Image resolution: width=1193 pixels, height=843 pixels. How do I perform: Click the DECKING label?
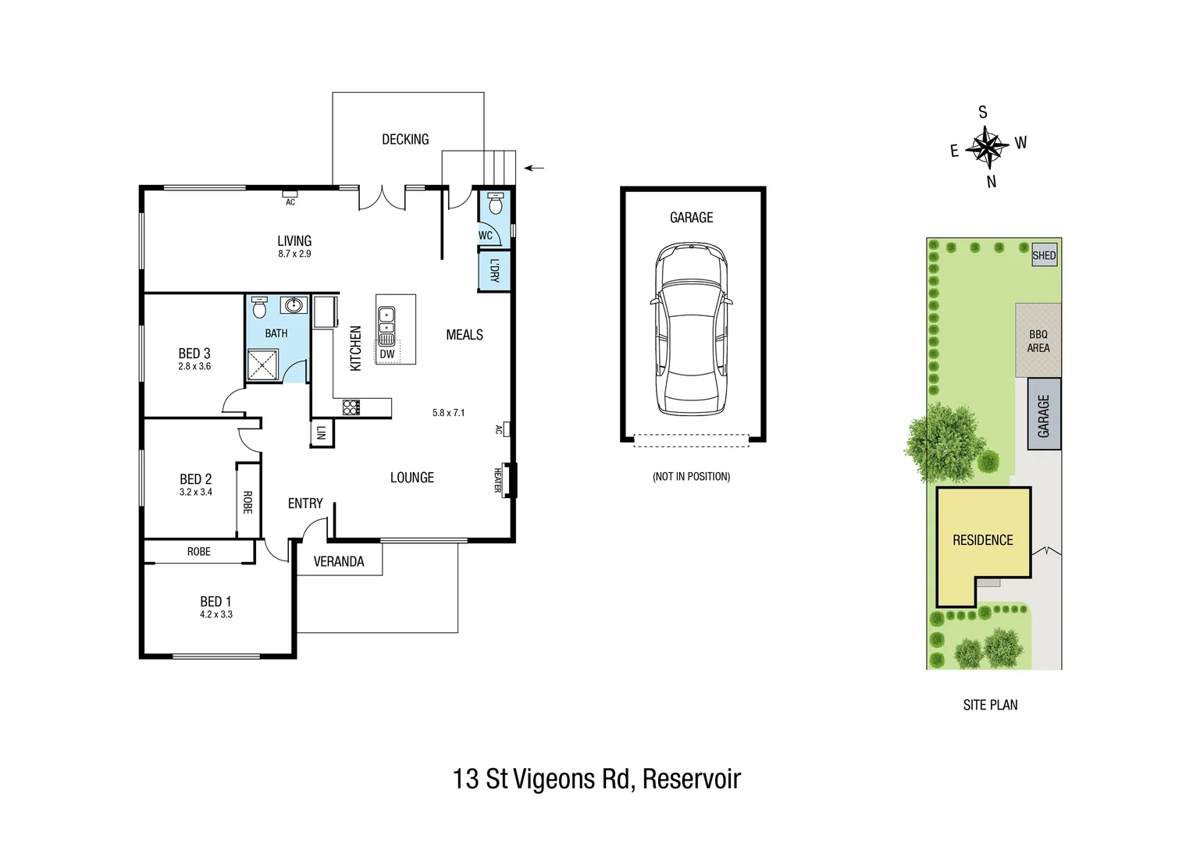[x=405, y=140]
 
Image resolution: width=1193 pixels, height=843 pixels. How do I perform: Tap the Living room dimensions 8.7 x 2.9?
[x=294, y=254]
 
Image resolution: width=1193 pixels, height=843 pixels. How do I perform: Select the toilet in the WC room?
[x=493, y=205]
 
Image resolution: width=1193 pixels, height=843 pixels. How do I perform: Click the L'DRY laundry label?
[x=494, y=270]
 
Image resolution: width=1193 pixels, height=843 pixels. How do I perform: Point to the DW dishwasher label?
[x=387, y=354]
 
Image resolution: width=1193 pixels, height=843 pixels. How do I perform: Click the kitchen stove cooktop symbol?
[x=351, y=407]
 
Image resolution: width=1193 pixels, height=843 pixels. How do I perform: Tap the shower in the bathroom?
[x=263, y=365]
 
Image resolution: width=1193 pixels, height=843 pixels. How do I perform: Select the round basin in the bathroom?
[x=294, y=305]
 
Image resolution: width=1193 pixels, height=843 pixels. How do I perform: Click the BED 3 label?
[x=194, y=354]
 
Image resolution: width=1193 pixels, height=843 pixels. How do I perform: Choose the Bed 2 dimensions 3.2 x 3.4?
[x=195, y=493]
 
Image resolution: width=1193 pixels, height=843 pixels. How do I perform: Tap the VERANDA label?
[x=339, y=561]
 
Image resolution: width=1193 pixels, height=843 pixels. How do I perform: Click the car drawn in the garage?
[x=692, y=328]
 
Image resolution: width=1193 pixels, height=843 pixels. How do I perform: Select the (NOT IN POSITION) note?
[x=692, y=476]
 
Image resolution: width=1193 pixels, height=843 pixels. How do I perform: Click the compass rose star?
[x=987, y=147]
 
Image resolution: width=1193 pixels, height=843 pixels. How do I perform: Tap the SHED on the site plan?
[x=1044, y=255]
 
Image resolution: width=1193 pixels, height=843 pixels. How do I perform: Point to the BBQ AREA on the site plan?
[x=1038, y=341]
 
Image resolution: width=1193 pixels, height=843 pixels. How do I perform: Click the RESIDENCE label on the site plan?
[x=982, y=540]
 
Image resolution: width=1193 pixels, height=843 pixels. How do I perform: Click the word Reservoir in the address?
[x=691, y=779]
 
